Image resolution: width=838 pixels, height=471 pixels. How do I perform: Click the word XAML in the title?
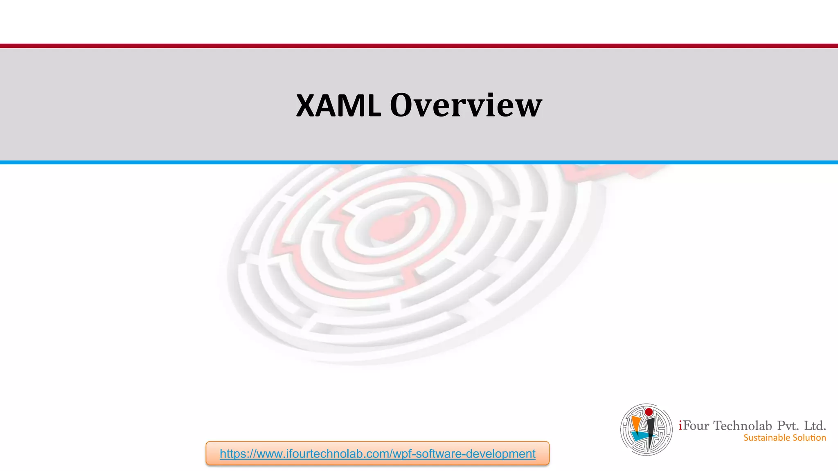(338, 105)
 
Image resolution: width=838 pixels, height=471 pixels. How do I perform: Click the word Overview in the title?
(466, 105)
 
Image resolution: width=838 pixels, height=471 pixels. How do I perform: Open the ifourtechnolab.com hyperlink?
(377, 454)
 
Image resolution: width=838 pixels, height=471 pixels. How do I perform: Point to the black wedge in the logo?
(651, 429)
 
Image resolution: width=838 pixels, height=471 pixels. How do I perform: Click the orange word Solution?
(809, 438)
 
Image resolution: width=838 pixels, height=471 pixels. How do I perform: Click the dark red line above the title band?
(419, 46)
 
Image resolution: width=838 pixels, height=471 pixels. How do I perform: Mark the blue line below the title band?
(419, 162)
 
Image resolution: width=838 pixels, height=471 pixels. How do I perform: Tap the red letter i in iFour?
(680, 426)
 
